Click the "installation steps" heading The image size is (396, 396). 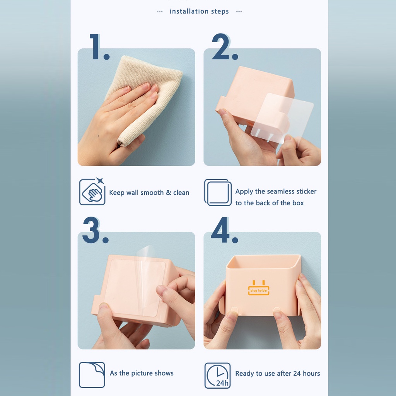tap(199, 11)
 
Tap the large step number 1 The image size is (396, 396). tap(99, 47)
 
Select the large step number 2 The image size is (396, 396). tap(224, 47)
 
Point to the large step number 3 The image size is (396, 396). tap(95, 230)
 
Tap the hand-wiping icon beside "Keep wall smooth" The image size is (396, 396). tap(92, 192)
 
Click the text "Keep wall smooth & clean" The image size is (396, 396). tap(149, 193)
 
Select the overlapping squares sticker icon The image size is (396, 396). tap(218, 192)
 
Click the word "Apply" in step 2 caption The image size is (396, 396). tap(244, 191)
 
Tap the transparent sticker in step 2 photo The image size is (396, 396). tap(284, 116)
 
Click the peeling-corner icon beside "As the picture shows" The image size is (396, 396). tap(92, 375)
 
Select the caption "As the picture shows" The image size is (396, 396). tap(142, 373)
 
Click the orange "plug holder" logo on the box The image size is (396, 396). tap(259, 288)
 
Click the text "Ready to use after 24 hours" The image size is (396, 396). tap(277, 374)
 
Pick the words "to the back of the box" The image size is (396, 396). tap(270, 203)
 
